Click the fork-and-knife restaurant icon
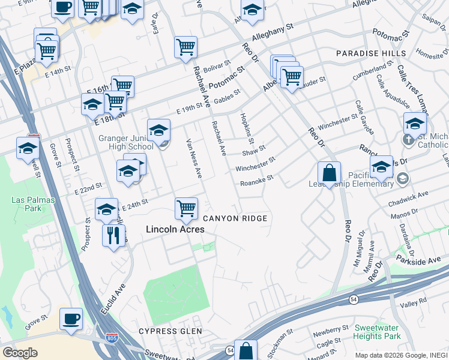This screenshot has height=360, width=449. point(113,235)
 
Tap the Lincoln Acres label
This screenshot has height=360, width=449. point(175,229)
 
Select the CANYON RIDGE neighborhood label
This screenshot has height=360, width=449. point(234,218)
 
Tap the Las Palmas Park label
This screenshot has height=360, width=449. point(26,204)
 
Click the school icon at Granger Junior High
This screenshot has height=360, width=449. point(158,130)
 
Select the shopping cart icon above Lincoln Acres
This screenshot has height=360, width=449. point(186,209)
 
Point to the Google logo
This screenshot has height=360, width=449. point(20,353)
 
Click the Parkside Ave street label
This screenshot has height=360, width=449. point(418,260)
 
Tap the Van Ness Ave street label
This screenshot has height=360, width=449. point(194,158)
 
